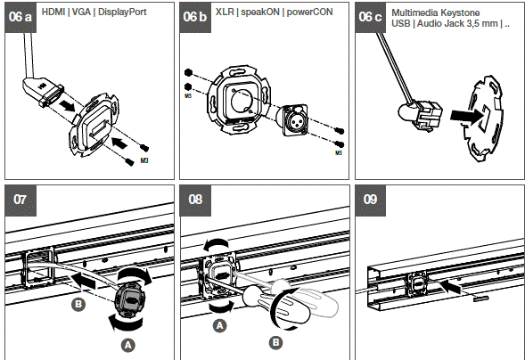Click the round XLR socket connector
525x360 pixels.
(x=299, y=118)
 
